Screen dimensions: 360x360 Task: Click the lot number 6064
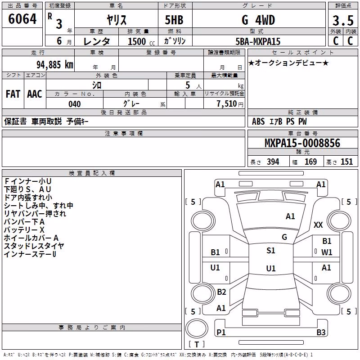click(x=22, y=19)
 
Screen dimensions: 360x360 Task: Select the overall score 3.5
click(x=343, y=20)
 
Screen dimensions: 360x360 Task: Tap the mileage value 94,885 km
click(x=55, y=65)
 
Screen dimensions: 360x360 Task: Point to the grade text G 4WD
click(x=258, y=20)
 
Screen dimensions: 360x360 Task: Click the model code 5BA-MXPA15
click(x=258, y=41)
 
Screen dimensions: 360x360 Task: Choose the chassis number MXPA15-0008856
click(x=302, y=143)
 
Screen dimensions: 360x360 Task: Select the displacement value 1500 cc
click(x=141, y=41)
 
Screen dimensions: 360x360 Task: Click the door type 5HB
click(x=174, y=20)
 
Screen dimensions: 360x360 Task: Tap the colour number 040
click(x=75, y=104)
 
